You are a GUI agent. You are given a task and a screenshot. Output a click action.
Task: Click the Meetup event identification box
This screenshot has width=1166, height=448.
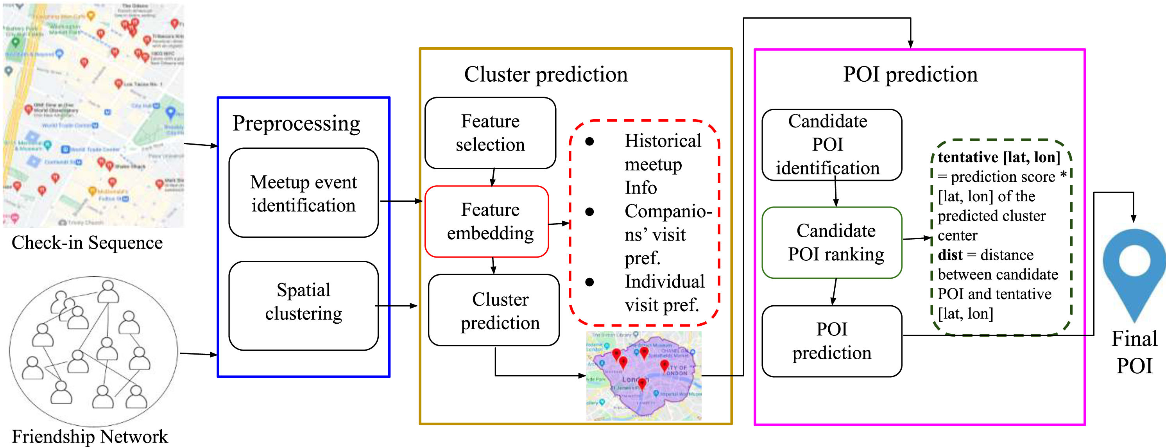coord(303,193)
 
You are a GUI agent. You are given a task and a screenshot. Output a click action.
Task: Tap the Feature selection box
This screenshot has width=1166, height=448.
coord(490,133)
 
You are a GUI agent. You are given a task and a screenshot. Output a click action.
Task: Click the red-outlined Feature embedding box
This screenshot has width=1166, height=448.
coord(487,221)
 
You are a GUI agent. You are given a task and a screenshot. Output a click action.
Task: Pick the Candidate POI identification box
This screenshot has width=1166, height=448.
coord(831,145)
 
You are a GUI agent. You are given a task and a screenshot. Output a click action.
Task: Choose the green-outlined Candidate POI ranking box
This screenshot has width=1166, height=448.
coord(831,242)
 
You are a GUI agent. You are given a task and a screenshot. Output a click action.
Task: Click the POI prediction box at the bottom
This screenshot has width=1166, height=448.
coord(831,341)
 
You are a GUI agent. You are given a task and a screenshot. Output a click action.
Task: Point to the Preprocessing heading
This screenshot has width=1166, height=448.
coord(296,123)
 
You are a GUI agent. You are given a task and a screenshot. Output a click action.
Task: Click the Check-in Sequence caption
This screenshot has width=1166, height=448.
coord(87,242)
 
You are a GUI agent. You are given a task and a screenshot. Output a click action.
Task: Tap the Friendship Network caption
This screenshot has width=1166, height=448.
coord(90,436)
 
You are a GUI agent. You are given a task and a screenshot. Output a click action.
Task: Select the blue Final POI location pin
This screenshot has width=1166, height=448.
coord(1134,267)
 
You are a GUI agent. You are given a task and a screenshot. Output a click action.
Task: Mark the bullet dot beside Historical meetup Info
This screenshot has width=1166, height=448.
coord(589,142)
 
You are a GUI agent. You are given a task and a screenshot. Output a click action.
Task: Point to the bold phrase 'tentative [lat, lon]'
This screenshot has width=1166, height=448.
coord(999,157)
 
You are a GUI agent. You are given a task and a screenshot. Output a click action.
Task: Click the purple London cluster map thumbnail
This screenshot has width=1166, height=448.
coord(644,376)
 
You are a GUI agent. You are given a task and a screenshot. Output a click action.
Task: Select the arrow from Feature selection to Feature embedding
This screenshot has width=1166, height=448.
coord(493,177)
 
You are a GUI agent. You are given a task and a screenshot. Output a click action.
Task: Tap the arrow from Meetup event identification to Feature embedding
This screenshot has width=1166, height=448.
coord(401,201)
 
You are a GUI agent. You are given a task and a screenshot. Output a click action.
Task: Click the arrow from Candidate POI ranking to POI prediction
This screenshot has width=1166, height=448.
coord(834,292)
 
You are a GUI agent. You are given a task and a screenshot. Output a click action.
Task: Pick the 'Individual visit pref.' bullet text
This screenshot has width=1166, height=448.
coord(664,293)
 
